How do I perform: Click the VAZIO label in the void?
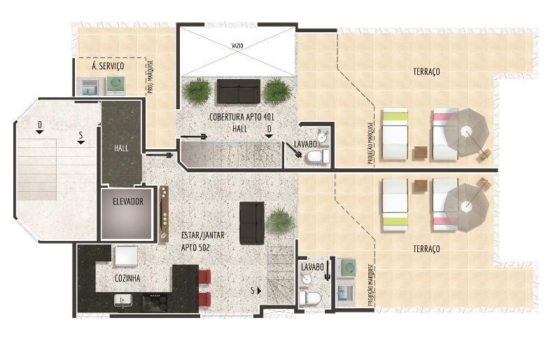pyautogui.click(x=237, y=46)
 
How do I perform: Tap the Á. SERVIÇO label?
pyautogui.click(x=108, y=66)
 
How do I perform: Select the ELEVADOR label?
pyautogui.click(x=128, y=202)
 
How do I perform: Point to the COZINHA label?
pyautogui.click(x=127, y=278)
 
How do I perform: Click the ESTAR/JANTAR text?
pyautogui.click(x=203, y=235)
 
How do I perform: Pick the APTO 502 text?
pyautogui.click(x=195, y=247)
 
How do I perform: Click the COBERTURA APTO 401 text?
pyautogui.click(x=241, y=117)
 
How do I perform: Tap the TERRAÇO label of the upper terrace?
pyautogui.click(x=426, y=71)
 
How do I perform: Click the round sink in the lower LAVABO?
pyautogui.click(x=306, y=279)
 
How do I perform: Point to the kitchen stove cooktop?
pyautogui.click(x=155, y=303)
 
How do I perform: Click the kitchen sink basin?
pyautogui.click(x=123, y=300)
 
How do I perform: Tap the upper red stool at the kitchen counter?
pyautogui.click(x=204, y=277)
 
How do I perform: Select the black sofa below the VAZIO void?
pyautogui.click(x=239, y=91)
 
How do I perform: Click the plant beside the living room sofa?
pyautogui.click(x=281, y=221)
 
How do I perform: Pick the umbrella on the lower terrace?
pyautogui.click(x=466, y=207)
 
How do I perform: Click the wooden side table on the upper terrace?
pyautogui.click(x=421, y=153)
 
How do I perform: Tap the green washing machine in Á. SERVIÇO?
pyautogui.click(x=115, y=84)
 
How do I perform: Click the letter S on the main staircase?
pyautogui.click(x=81, y=135)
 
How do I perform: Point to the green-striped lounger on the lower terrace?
pyautogui.click(x=395, y=205)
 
